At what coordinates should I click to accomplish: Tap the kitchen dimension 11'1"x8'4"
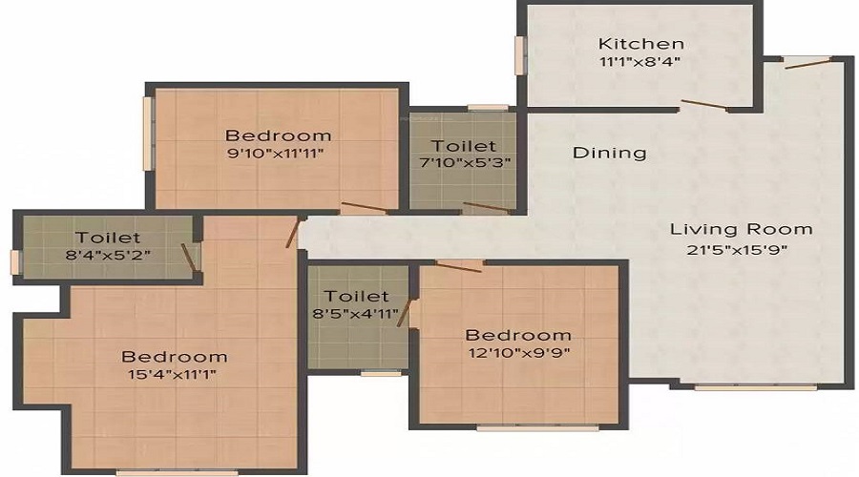(x=639, y=61)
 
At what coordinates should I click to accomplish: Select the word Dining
(x=609, y=153)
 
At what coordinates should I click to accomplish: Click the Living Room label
(x=741, y=229)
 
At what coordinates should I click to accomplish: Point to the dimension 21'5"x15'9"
(x=738, y=250)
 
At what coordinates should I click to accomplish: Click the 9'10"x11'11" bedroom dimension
(x=276, y=153)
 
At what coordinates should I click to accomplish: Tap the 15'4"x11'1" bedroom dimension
(x=172, y=375)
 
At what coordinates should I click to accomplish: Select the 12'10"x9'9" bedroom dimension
(x=519, y=352)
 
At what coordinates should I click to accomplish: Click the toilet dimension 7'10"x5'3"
(x=465, y=162)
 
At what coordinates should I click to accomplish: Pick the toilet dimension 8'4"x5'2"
(x=108, y=255)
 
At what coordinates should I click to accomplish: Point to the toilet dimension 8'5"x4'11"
(x=356, y=314)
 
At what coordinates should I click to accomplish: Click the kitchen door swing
(x=704, y=105)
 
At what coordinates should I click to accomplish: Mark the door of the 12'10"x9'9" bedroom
(x=458, y=266)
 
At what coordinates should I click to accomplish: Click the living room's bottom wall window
(x=756, y=387)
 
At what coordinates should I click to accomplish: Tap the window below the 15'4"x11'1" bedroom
(x=177, y=471)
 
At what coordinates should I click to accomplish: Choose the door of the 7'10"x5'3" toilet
(x=486, y=207)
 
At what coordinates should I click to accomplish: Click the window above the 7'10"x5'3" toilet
(x=488, y=108)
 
